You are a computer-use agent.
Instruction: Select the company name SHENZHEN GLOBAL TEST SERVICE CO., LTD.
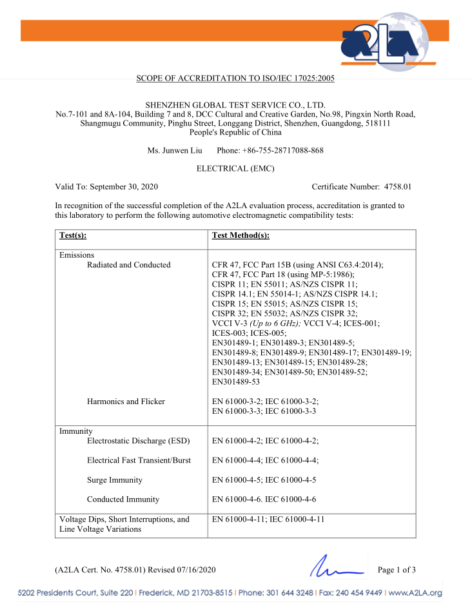click(x=235, y=104)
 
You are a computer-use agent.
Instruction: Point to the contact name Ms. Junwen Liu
click(x=175, y=151)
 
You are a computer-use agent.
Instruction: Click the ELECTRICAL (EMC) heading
click(x=235, y=169)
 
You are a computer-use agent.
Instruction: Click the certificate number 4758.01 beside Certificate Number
click(x=398, y=187)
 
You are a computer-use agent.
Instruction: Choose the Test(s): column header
click(x=73, y=237)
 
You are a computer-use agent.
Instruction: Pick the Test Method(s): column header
click(x=241, y=237)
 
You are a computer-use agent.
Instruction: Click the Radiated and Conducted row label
click(x=129, y=265)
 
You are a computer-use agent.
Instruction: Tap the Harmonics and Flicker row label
click(x=126, y=402)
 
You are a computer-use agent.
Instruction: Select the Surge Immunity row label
click(x=115, y=480)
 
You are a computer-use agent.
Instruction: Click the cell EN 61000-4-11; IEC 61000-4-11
click(x=277, y=519)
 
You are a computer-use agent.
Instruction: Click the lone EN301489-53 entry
click(x=235, y=382)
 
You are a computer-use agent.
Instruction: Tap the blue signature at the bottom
click(x=336, y=568)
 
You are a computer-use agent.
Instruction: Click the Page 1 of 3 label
click(x=397, y=570)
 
